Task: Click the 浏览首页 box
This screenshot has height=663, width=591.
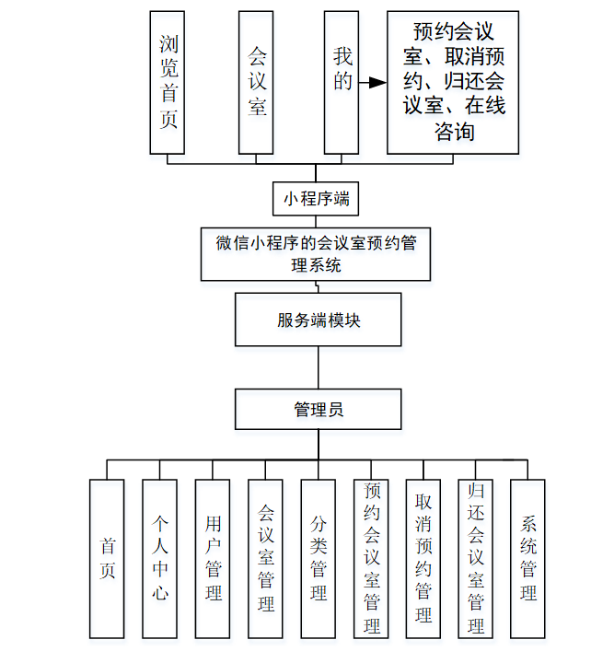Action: tap(168, 82)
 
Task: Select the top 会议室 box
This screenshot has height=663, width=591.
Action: tap(256, 82)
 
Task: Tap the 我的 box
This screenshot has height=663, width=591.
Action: tap(342, 82)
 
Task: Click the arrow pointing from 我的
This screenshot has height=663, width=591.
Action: tap(372, 83)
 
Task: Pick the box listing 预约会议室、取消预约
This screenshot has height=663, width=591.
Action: tap(453, 82)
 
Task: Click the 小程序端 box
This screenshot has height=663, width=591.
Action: tap(315, 198)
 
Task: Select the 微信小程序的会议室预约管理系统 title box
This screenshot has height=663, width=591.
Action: tap(316, 253)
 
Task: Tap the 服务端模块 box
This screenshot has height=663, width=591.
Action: tap(318, 320)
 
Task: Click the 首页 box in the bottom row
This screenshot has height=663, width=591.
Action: tap(107, 558)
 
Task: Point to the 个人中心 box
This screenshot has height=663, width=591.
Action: tap(159, 558)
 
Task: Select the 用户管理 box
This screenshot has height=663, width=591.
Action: tap(213, 558)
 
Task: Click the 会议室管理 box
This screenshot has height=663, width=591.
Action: tap(265, 558)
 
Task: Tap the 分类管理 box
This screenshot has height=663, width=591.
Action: tap(318, 558)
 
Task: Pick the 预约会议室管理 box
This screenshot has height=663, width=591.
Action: tap(370, 558)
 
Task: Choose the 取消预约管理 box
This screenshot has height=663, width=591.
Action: tap(423, 558)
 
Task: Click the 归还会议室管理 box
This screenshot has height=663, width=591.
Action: tap(475, 558)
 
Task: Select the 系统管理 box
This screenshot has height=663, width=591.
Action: tap(527, 558)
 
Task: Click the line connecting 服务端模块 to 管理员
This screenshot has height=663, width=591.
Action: tap(318, 367)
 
